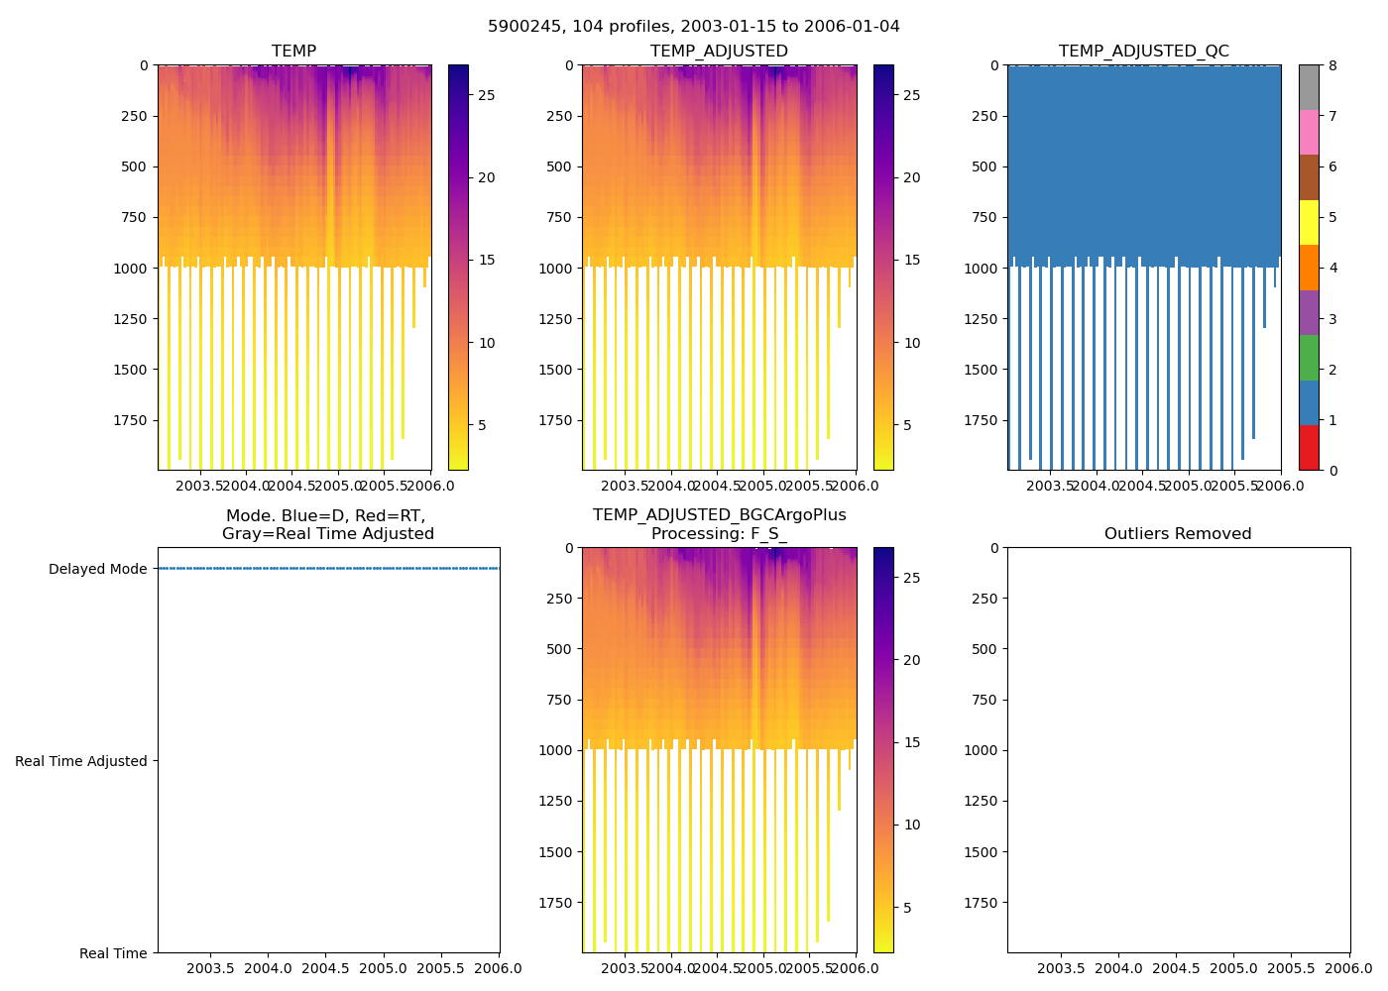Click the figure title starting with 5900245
(694, 27)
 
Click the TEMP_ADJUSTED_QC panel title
(1143, 52)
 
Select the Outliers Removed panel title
(1178, 534)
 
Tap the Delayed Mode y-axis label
(97, 569)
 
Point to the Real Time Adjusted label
(80, 761)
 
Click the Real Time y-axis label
(113, 953)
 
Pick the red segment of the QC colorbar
(1309, 448)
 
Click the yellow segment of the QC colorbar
(1309, 223)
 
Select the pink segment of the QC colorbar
(1309, 133)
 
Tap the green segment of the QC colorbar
(1309, 358)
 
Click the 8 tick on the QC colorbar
(1332, 65)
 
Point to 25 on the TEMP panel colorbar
(487, 95)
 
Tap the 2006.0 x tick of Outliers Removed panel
(1349, 968)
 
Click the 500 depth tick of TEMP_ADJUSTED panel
(559, 166)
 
